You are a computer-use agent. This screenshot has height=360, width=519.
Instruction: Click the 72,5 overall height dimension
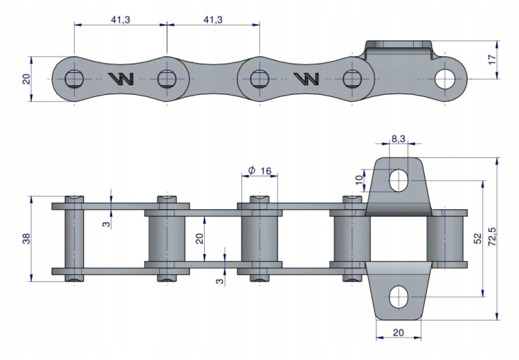[492, 237]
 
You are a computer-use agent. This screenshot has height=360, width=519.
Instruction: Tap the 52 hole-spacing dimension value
[477, 238]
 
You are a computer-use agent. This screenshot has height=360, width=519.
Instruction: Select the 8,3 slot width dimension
[398, 138]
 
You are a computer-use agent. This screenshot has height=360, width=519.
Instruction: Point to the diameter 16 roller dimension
[259, 170]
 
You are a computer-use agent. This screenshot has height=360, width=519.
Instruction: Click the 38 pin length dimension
[26, 238]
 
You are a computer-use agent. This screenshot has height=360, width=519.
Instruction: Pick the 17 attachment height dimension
[492, 60]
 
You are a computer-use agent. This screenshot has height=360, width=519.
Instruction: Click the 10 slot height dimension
[359, 180]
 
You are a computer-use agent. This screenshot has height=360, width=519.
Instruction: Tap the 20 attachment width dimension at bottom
[398, 332]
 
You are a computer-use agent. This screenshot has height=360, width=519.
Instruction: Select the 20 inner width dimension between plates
[199, 238]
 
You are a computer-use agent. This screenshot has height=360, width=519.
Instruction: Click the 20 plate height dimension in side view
[26, 79]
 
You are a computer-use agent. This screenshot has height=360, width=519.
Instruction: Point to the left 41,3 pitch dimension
[120, 20]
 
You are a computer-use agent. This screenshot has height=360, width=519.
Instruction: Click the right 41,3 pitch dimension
[213, 20]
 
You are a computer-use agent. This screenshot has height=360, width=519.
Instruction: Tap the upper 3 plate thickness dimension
[106, 224]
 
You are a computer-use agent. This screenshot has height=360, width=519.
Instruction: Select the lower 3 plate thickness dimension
[219, 281]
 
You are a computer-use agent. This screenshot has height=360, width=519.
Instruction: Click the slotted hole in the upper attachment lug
[399, 181]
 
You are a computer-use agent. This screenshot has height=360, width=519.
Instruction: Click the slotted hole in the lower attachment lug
[399, 297]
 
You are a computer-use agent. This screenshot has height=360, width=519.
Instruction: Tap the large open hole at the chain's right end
[444, 79]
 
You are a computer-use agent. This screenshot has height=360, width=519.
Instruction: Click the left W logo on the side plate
[121, 78]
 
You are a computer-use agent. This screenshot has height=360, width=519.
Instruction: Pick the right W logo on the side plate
[307, 78]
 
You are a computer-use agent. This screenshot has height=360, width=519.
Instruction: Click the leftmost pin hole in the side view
[74, 79]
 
